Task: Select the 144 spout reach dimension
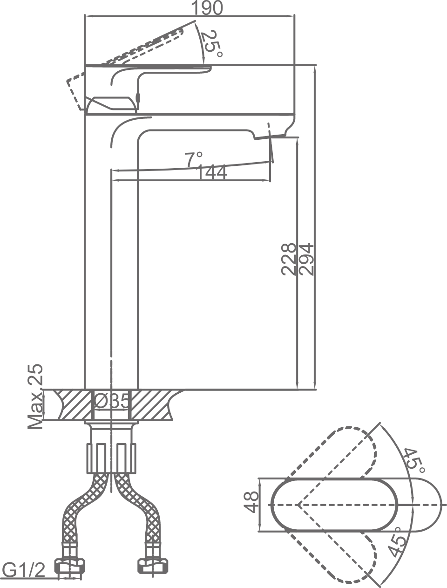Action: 212,172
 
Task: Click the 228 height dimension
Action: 289,259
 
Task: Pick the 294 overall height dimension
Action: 306,259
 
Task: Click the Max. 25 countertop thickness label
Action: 35,397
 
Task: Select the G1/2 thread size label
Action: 24,569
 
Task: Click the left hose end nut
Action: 70,567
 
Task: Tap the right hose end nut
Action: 153,567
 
